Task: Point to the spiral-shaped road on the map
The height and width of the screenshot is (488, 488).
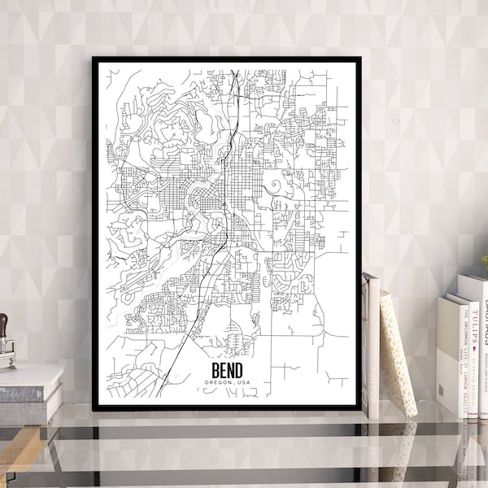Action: (x=274, y=186)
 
